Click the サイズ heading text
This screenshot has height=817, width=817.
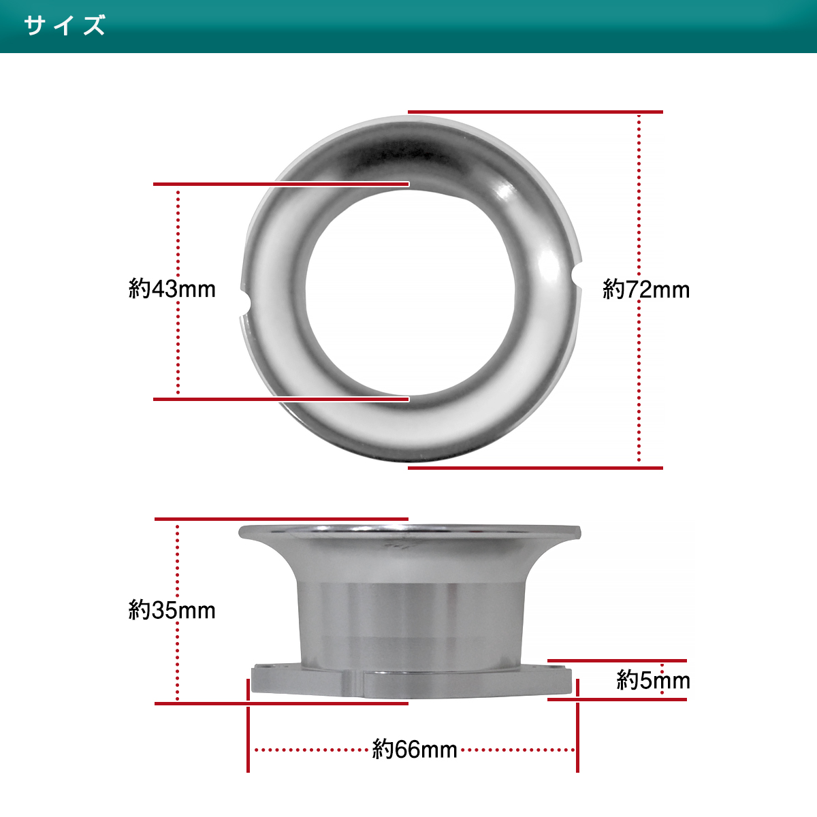point(65,25)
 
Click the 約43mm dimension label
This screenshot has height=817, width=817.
point(172,289)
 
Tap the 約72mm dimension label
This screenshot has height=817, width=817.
point(646,290)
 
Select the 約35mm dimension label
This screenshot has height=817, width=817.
point(172,611)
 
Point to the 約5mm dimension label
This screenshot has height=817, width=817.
point(654,680)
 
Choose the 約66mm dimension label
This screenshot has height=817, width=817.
point(415,750)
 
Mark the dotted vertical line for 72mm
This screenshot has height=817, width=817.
point(639,289)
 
